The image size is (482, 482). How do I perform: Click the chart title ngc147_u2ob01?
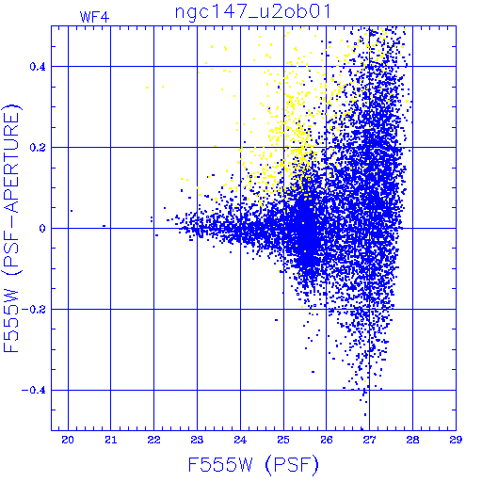[252, 12]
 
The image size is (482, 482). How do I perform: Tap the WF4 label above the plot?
[94, 17]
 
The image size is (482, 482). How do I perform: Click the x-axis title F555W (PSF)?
[253, 465]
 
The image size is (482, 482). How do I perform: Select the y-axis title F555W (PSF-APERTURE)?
[12, 229]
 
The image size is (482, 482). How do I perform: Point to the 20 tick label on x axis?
[68, 440]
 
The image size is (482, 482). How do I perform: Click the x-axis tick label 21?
[111, 440]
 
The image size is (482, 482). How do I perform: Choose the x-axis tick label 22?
[153, 440]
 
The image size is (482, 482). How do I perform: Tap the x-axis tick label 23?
[197, 440]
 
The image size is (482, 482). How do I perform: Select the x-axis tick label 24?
[240, 440]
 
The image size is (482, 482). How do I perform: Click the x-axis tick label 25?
[283, 440]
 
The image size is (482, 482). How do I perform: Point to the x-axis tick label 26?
[327, 440]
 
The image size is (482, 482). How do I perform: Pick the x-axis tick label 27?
[370, 440]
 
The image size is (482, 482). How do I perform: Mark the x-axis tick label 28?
[412, 440]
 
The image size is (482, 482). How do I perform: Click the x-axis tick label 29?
[456, 440]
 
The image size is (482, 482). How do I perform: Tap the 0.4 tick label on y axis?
[38, 67]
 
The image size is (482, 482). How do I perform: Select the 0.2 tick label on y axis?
[38, 148]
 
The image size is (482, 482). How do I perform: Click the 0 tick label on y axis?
[42, 229]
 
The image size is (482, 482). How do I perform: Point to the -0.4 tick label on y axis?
[34, 391]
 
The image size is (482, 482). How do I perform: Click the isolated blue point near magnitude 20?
[72, 211]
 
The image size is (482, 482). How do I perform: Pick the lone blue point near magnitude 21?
[104, 226]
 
